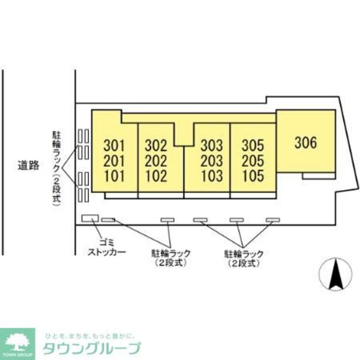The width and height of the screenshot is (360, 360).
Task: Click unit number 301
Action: tap(114, 146)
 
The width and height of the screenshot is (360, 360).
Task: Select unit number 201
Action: tap(114, 161)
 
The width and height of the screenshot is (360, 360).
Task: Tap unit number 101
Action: tap(115, 176)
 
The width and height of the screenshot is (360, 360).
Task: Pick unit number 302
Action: tap(155, 146)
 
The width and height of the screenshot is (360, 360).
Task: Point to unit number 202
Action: tap(155, 161)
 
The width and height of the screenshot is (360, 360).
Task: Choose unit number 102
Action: tap(156, 176)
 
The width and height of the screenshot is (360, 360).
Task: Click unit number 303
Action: tap(212, 146)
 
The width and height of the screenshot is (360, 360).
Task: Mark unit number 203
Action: tap(212, 161)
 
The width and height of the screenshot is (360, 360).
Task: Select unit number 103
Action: tap(212, 176)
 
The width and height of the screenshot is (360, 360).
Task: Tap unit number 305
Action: tap(253, 146)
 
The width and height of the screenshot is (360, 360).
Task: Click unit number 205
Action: tap(253, 161)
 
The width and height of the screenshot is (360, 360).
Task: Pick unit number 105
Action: tap(253, 176)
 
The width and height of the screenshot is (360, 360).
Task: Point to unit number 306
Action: tap(306, 143)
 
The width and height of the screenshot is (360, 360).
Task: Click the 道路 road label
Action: tap(28, 166)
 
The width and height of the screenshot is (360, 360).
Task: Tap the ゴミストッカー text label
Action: tap(107, 247)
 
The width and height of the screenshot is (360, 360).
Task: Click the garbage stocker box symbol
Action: tap(90, 218)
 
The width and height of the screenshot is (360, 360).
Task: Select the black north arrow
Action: tap(335, 274)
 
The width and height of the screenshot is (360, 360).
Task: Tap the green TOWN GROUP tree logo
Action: tap(17, 344)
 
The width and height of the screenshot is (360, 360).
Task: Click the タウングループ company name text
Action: tap(92, 348)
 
